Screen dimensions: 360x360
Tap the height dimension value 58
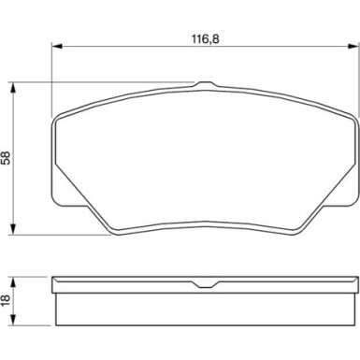(8, 158)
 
